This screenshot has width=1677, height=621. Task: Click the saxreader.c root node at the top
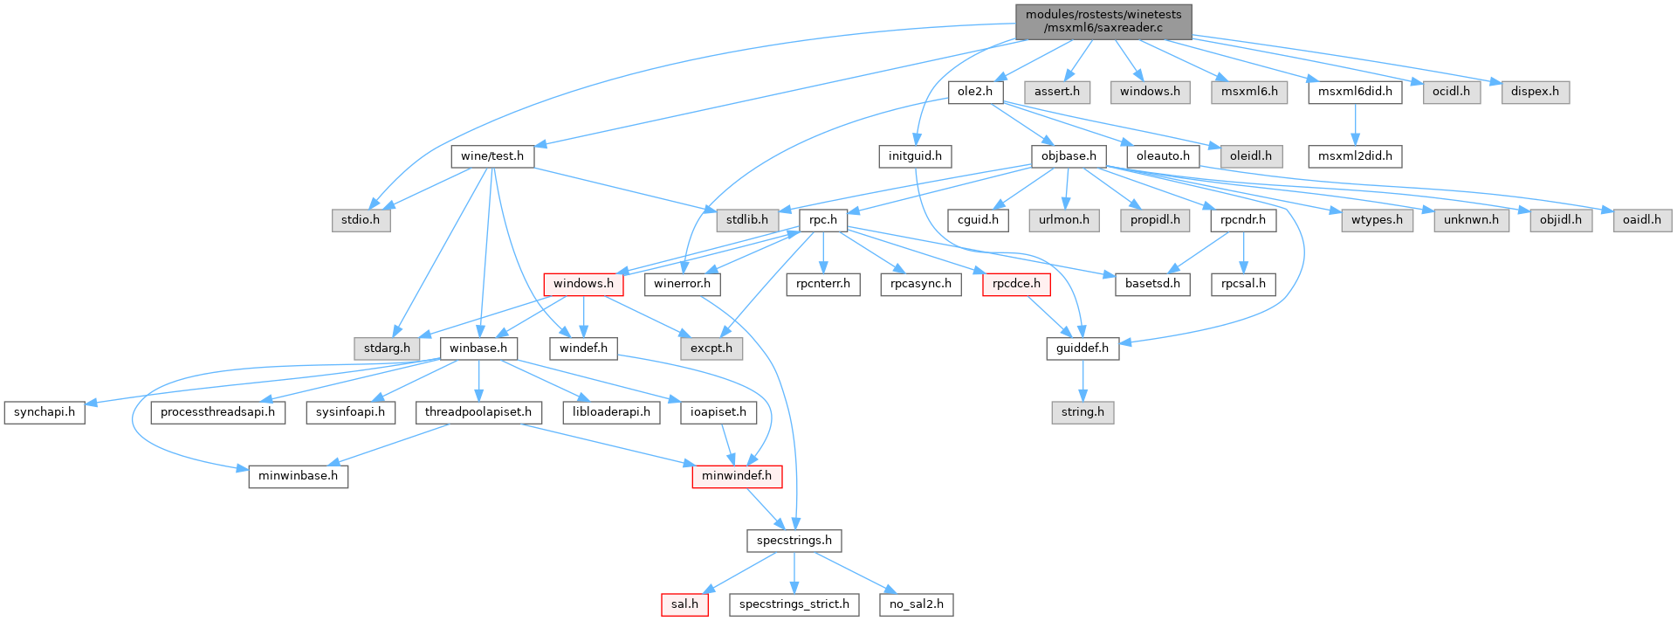click(1103, 21)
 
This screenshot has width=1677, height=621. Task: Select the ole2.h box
click(975, 92)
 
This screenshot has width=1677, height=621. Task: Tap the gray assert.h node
click(1057, 92)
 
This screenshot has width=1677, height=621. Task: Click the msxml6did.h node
click(1355, 92)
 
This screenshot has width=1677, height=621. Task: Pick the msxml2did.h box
click(1355, 156)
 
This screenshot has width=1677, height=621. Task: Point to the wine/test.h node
click(492, 156)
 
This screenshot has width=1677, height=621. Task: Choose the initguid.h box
click(915, 156)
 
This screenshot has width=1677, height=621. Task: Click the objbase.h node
click(1069, 156)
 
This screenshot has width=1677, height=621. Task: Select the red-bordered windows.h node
click(583, 284)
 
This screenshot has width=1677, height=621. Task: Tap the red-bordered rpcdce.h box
click(1016, 284)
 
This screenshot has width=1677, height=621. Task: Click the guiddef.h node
click(1082, 348)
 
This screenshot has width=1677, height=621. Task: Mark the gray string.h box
click(1082, 412)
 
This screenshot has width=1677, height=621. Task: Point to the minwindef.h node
click(737, 476)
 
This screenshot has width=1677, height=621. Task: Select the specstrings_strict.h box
click(794, 604)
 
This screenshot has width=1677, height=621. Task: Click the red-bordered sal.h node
click(684, 604)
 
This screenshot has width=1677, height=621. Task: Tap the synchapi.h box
click(45, 412)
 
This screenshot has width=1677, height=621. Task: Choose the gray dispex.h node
click(1535, 92)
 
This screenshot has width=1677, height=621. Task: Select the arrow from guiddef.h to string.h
click(1082, 380)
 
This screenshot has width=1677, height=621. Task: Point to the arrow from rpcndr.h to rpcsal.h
click(1243, 252)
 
